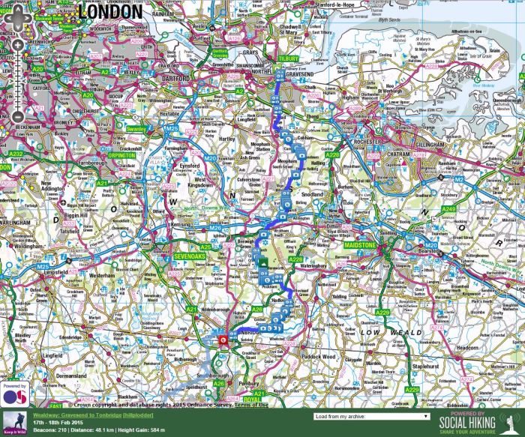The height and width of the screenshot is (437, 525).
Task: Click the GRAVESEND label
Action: click(x=301, y=75)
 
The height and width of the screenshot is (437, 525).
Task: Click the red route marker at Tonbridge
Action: click(x=223, y=340)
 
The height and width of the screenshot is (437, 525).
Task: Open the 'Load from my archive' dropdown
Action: click(x=372, y=416)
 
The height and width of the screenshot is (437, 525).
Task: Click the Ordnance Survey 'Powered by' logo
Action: click(x=13, y=394)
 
